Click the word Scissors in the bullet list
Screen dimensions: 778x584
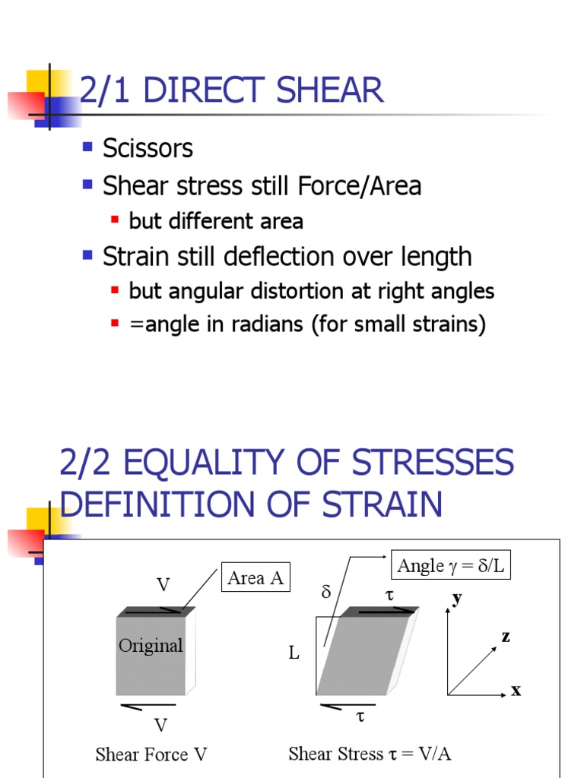[148, 148]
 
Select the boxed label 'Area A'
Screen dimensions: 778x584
[255, 578]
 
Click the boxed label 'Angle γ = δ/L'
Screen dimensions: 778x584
[451, 565]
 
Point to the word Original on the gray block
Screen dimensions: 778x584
[151, 646]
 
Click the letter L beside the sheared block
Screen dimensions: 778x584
[294, 653]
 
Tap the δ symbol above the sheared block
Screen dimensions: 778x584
[326, 592]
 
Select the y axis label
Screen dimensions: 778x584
[456, 598]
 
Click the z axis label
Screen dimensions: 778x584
[505, 637]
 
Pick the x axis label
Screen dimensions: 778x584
[516, 691]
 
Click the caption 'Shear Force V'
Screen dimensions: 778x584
[151, 754]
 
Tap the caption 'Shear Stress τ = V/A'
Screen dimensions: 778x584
[370, 754]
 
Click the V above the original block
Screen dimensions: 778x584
[163, 585]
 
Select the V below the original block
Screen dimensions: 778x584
[160, 725]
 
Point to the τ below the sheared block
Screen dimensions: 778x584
[360, 716]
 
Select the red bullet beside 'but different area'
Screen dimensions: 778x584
[115, 220]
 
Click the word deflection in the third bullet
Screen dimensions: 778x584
[280, 257]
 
